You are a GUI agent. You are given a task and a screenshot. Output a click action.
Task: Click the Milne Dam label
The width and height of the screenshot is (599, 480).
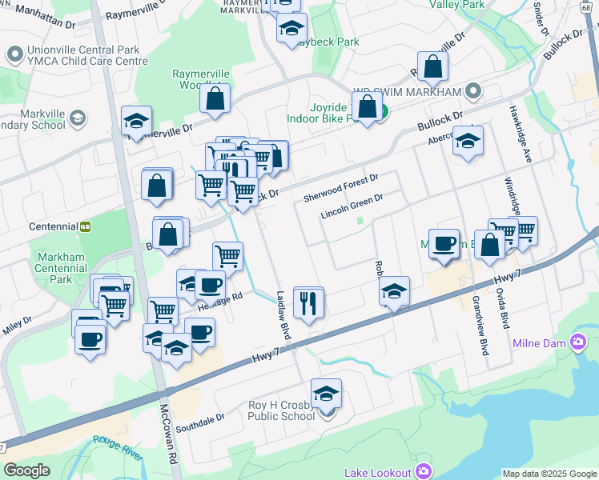pyautogui.click(x=539, y=344)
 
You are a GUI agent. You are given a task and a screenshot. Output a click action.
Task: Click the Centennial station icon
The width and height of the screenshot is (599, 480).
pyautogui.click(x=85, y=226)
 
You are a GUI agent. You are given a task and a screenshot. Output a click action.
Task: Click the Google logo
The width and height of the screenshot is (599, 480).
pyautogui.click(x=27, y=470)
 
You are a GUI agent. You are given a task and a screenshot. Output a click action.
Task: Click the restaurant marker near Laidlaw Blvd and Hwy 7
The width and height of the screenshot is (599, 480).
pyautogui.click(x=308, y=303)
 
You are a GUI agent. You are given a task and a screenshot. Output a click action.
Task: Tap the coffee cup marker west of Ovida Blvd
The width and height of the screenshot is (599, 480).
pyautogui.click(x=444, y=244)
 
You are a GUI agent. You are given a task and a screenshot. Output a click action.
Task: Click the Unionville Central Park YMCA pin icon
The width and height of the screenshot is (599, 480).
pyautogui.click(x=14, y=55)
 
